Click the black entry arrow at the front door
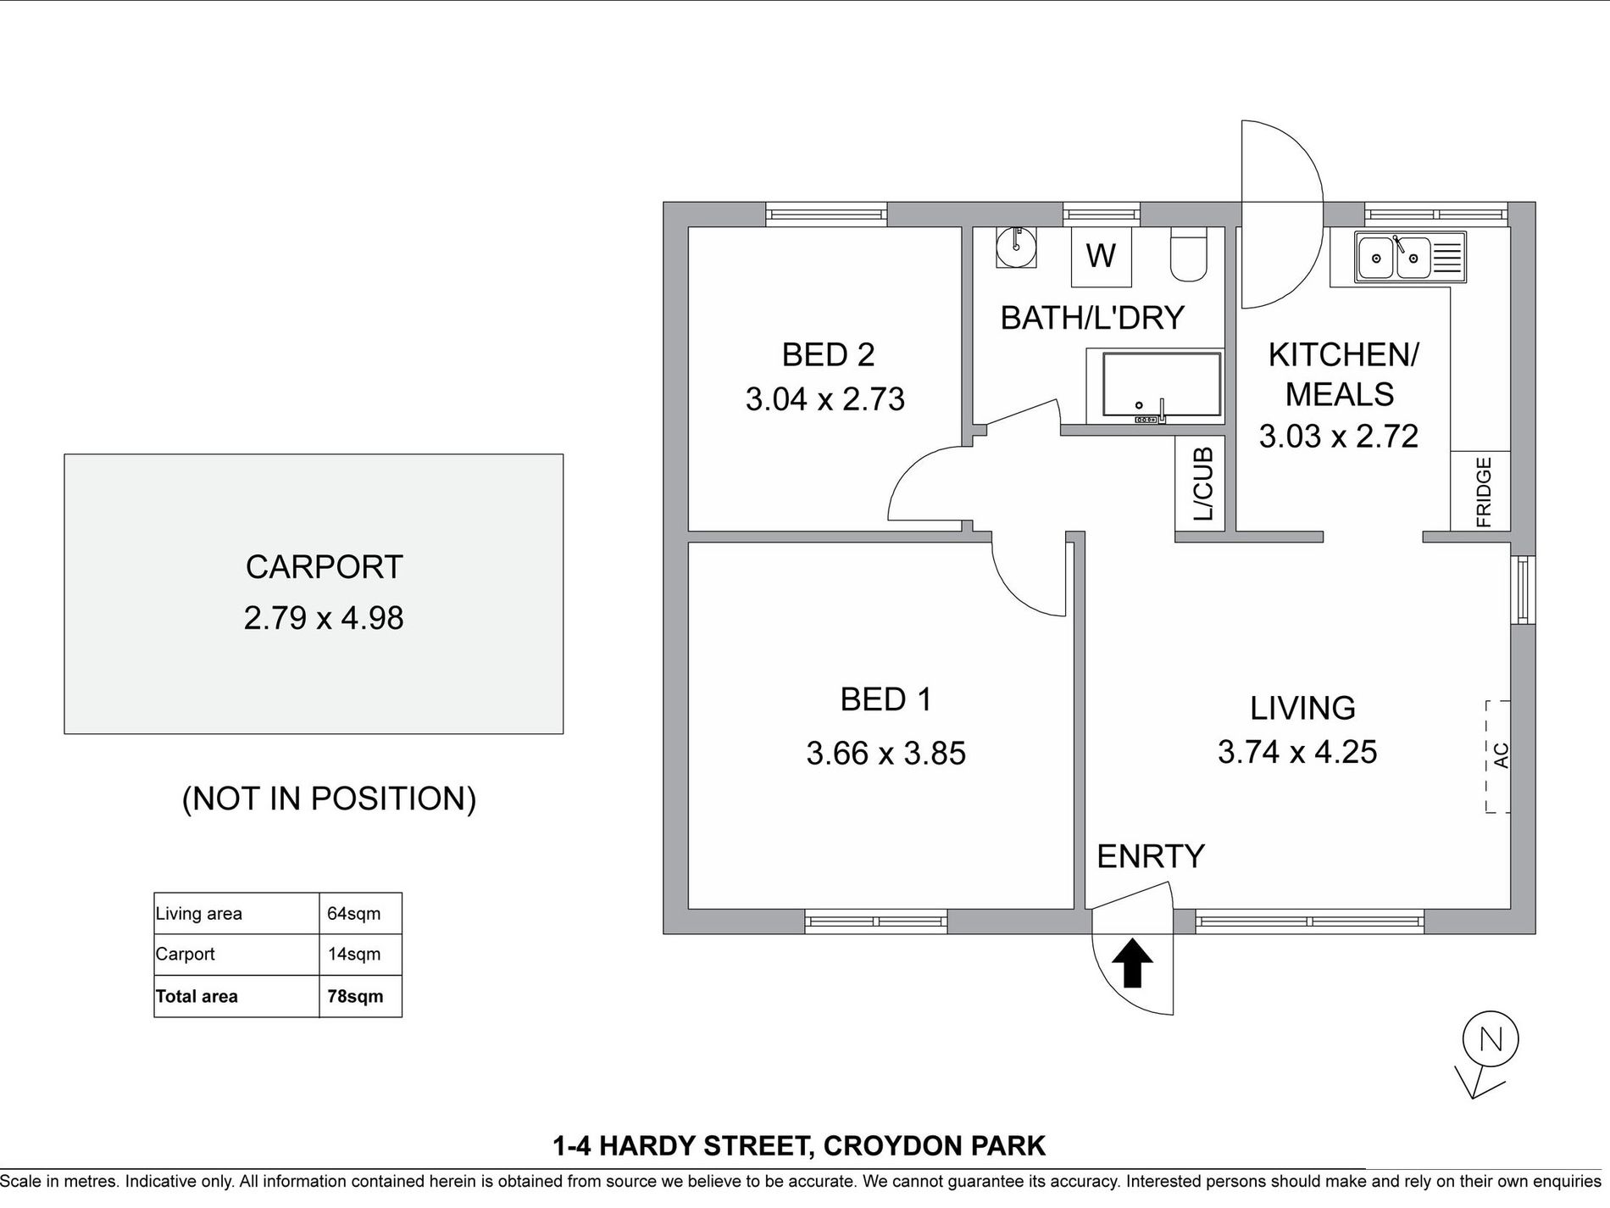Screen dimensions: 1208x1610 click(x=1132, y=966)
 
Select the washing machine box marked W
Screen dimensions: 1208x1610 click(x=1100, y=256)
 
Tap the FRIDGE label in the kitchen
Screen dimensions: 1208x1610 click(x=1483, y=492)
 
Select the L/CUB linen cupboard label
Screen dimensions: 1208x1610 click(x=1203, y=484)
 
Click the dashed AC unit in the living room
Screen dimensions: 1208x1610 click(x=1498, y=756)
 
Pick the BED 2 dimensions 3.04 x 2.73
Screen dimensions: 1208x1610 click(x=824, y=398)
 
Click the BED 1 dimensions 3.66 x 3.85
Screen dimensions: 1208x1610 click(x=885, y=753)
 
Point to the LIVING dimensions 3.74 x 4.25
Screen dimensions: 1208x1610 click(x=1296, y=751)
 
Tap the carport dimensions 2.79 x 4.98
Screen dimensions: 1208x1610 click(x=324, y=617)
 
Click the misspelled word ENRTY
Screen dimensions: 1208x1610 click(x=1150, y=856)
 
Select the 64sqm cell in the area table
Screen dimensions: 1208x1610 click(x=354, y=914)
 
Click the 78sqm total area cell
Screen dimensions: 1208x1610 click(x=355, y=996)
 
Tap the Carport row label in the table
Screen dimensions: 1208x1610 click(x=186, y=954)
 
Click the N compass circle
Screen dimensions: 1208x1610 click(x=1491, y=1038)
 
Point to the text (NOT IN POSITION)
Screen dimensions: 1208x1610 click(x=329, y=799)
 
